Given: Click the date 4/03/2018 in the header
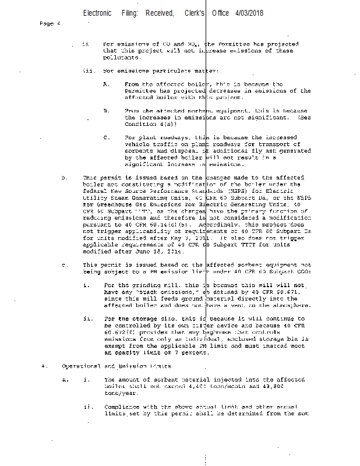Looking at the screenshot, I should (x=250, y=13).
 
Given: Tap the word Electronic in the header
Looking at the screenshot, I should (x=97, y=13).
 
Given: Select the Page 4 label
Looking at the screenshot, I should (x=50, y=24).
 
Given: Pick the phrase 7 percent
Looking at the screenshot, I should (x=192, y=353).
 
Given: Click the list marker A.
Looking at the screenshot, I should (x=106, y=84).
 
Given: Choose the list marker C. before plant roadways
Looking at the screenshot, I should (x=106, y=138).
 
